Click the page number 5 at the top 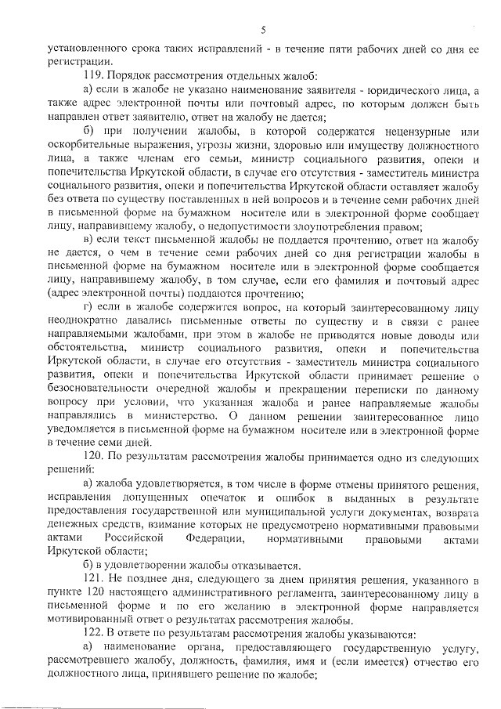[x=263, y=30]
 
